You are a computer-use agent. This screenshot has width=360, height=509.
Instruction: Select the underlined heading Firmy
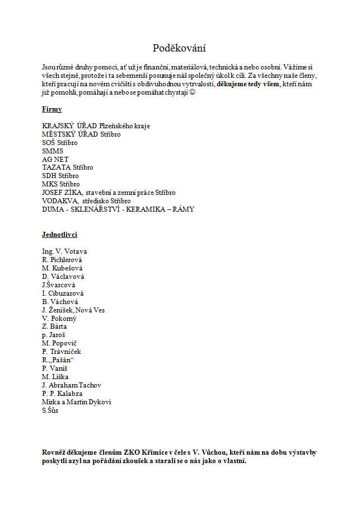52,109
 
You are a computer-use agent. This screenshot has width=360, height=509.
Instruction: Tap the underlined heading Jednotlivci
59,235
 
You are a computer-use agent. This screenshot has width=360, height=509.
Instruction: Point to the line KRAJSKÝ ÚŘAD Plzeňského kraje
96,126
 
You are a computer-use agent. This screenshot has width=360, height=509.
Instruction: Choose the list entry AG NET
55,159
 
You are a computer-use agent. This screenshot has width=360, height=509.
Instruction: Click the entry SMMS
53,151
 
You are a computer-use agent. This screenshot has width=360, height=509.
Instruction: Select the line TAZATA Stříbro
68,167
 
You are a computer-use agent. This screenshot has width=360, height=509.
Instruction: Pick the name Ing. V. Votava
64,251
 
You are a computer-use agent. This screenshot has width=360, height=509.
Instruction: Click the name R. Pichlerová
65,260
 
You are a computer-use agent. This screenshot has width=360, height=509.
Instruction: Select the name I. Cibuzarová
63,293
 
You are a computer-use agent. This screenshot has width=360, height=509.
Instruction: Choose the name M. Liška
55,377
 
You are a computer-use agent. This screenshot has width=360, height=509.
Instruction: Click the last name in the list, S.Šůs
50,410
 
